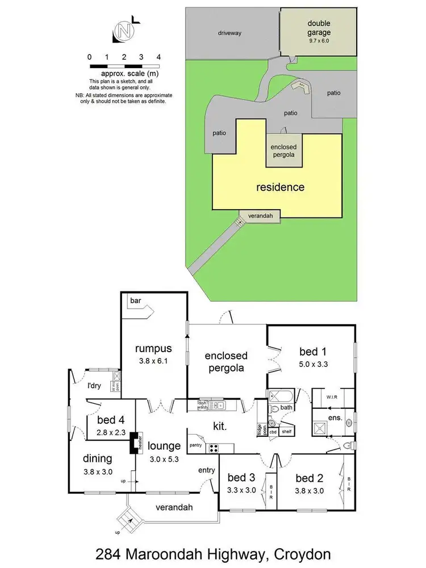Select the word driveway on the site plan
[x=230, y=33]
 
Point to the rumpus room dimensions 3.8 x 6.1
[x=153, y=361]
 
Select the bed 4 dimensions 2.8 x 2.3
[x=110, y=432]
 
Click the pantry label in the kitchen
[x=196, y=446]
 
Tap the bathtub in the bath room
[x=279, y=396]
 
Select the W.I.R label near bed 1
[x=332, y=397]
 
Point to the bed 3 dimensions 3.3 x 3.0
[x=242, y=490]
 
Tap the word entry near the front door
[x=206, y=470]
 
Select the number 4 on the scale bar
[x=158, y=57]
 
